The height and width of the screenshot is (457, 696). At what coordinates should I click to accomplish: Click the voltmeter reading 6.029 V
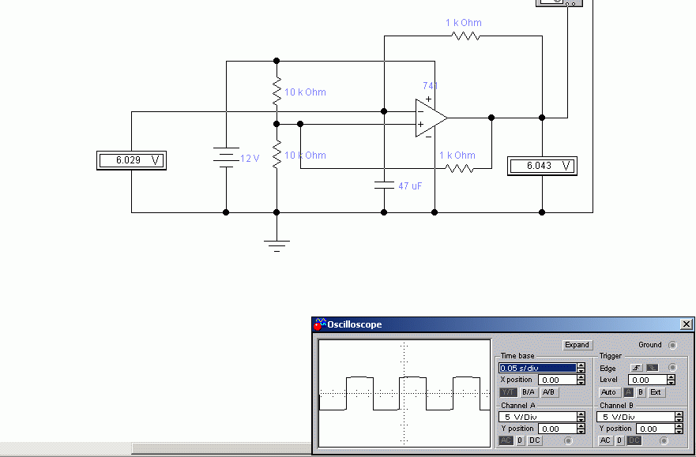click(131, 160)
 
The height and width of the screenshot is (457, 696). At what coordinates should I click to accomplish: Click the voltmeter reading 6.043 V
click(543, 166)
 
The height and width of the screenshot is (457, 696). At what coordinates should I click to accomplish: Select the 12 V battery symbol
click(226, 157)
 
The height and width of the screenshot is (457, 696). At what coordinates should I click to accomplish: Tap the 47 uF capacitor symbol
click(384, 185)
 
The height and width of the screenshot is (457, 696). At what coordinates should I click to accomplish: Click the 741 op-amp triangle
click(431, 118)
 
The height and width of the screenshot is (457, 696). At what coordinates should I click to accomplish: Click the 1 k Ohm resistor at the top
click(465, 36)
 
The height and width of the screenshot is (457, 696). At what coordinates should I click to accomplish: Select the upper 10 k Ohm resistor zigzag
click(277, 92)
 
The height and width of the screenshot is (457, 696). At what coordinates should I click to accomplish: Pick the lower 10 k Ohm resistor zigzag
click(277, 154)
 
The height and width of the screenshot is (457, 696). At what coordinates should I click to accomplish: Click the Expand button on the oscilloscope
click(577, 345)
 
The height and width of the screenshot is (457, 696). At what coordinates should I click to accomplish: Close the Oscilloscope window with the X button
click(687, 324)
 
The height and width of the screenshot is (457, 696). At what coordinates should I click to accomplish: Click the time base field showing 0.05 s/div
click(537, 368)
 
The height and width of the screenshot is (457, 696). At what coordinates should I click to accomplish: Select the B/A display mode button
click(529, 392)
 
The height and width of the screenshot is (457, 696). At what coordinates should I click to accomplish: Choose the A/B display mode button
click(549, 392)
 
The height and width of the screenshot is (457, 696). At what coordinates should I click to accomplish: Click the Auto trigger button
click(608, 392)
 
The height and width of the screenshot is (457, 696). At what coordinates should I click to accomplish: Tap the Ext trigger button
click(656, 392)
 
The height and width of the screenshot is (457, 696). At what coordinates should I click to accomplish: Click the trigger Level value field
click(648, 380)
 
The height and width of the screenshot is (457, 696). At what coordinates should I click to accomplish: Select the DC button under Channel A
click(534, 440)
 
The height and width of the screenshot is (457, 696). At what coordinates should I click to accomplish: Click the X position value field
click(557, 380)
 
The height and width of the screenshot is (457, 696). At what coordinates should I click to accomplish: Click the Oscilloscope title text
click(354, 324)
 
